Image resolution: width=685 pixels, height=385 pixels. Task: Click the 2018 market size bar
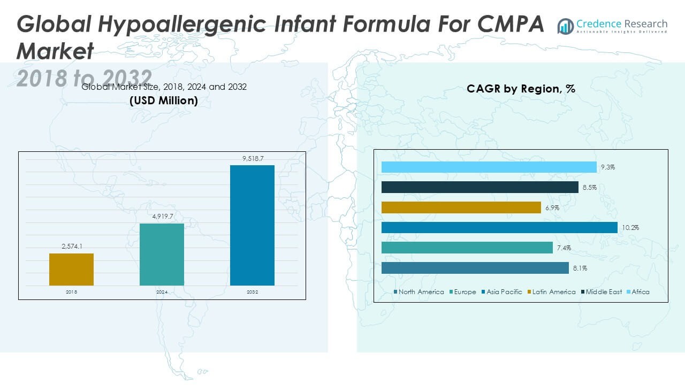71,269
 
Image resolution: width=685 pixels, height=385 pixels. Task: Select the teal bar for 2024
162,255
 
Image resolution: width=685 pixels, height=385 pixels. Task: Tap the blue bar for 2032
252,225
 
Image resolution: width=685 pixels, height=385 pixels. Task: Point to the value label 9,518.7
252,159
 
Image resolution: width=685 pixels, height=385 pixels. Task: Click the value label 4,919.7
162,217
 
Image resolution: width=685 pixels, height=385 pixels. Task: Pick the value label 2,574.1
71,247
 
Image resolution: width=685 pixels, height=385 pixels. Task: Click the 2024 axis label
162,292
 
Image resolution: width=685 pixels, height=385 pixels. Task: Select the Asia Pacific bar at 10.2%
499,228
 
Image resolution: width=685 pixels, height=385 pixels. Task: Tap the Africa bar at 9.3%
489,167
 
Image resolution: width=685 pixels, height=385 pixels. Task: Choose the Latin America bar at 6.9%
461,207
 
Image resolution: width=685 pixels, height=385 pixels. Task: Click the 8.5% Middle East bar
479,187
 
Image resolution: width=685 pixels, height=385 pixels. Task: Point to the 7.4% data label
565,248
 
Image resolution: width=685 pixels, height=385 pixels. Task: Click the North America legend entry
418,292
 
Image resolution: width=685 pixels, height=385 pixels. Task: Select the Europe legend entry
463,292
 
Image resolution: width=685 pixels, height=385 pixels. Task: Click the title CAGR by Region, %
521,89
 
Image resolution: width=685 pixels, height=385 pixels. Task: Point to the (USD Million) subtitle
164,100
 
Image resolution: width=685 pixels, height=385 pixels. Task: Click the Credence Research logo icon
565,26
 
